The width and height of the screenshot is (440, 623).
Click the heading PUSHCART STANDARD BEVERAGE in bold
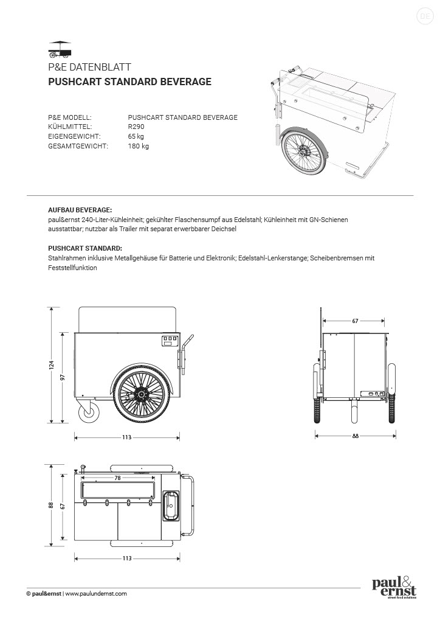[129, 82]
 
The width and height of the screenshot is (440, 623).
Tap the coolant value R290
[136, 127]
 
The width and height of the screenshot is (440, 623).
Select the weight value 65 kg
[136, 136]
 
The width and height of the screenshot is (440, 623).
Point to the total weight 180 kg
[139, 146]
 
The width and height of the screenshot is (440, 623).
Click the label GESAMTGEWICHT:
[78, 146]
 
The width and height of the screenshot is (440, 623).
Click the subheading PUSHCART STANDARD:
[84, 248]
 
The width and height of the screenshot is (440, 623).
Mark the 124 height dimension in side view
[52, 365]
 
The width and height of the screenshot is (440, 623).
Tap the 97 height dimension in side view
[63, 377]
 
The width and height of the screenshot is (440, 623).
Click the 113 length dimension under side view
[127, 437]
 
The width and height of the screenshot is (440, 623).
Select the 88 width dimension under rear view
[355, 436]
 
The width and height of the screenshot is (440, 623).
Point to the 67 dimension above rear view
[354, 320]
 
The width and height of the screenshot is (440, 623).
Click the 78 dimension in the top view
[117, 478]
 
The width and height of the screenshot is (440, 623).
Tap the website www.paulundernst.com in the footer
[96, 594]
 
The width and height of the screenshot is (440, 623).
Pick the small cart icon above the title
[60, 47]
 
